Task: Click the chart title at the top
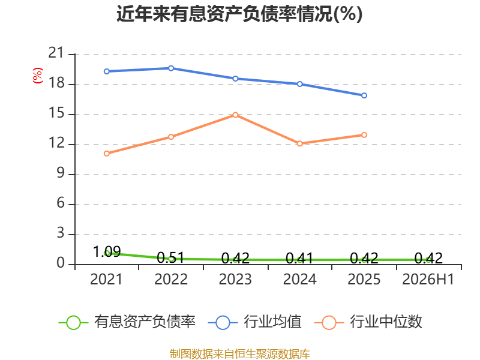(239, 14)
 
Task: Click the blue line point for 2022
(171, 68)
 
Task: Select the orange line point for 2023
(235, 115)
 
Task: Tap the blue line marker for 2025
(364, 95)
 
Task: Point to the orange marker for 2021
(107, 154)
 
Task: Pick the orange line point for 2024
(299, 143)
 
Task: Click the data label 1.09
(107, 251)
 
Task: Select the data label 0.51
(171, 258)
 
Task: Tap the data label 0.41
(299, 259)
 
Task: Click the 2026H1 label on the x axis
(428, 279)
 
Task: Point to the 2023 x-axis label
(235, 279)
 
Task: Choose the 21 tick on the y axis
(56, 53)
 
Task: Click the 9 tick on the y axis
(61, 173)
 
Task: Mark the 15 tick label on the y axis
(56, 113)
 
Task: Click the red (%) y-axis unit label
(38, 76)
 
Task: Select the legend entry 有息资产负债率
(127, 322)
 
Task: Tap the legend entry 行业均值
(254, 322)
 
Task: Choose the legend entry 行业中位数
(368, 322)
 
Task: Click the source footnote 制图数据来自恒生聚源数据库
(240, 354)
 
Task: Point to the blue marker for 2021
(107, 71)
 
